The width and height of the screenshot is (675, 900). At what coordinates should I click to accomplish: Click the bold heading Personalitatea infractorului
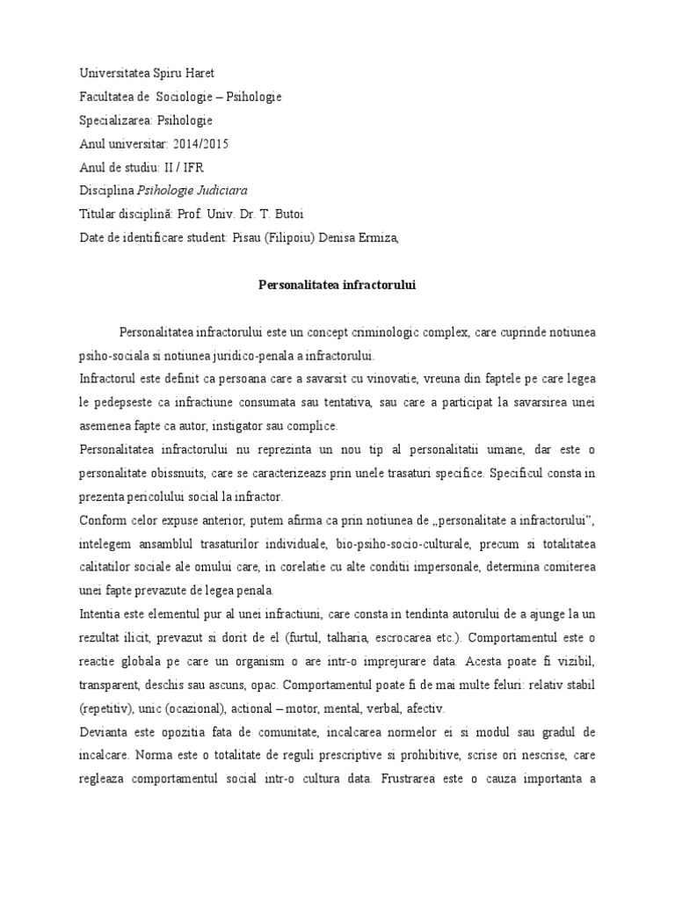[x=337, y=285]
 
